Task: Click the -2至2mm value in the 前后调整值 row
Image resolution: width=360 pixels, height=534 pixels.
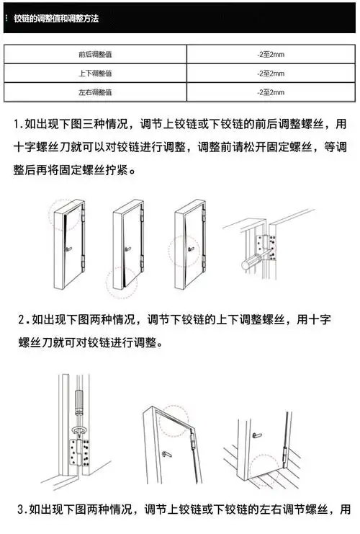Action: pyautogui.click(x=271, y=54)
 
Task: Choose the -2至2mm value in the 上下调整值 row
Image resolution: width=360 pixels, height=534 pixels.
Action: pyautogui.click(x=271, y=74)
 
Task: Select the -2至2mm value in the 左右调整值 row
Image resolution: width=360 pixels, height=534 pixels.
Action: pyautogui.click(x=271, y=93)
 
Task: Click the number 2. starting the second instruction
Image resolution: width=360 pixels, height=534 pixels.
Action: pyautogui.click(x=24, y=319)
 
